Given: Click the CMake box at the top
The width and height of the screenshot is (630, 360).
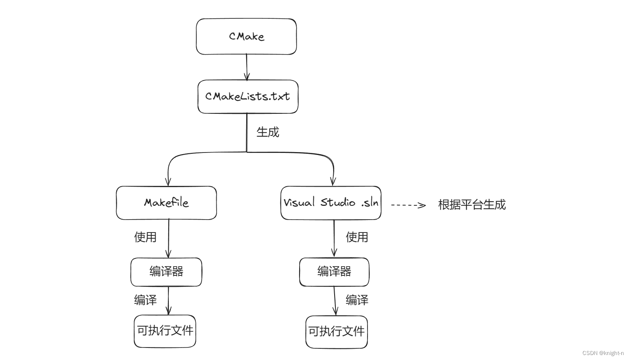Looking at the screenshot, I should point(246,37).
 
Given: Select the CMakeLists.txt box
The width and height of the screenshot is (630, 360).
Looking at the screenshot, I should point(248,97).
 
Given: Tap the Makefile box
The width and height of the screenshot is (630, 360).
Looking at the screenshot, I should point(166,203).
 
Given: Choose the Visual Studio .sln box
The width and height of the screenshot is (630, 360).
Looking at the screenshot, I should point(331,203).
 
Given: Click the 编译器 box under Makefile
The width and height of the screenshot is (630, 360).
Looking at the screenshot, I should point(166,272).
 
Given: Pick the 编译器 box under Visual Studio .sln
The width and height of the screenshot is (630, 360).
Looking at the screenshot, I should point(334,272).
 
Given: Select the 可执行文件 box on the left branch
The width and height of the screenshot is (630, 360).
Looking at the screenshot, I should point(165,331).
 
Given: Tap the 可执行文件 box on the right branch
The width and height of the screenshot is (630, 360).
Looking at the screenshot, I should point(336,332).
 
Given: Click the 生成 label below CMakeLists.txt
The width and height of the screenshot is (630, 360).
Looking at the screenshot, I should point(267,132).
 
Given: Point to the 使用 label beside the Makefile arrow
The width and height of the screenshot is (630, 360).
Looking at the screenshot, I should point(145,237).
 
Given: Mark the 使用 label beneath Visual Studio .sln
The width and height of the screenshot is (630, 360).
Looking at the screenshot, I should point(357,237).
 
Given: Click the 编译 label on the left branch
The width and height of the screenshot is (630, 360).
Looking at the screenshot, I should point(145,300).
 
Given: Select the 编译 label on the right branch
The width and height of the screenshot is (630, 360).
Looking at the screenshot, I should point(357,300).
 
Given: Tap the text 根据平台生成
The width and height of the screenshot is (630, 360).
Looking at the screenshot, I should point(472,205).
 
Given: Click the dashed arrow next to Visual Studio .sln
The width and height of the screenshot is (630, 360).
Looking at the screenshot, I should point(408,205).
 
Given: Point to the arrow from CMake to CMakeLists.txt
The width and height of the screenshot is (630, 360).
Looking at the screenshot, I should point(247,67).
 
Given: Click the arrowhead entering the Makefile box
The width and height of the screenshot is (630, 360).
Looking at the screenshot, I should point(168,182).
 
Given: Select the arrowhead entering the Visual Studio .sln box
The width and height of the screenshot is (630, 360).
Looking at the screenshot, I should point(333,181).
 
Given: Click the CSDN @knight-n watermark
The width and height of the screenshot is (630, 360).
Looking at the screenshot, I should point(603,353).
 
